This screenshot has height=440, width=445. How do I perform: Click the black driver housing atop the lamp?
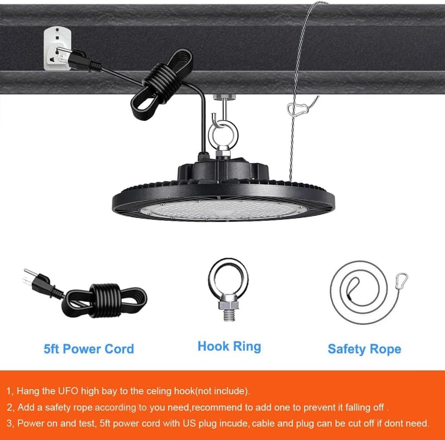point(223,171)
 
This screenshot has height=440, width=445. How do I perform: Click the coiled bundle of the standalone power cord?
point(105,300)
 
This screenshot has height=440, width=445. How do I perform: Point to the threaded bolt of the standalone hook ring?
point(229,315)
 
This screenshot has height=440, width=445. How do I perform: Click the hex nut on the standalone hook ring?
point(228,302)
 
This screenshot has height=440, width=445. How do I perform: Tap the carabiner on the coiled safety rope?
point(401,281)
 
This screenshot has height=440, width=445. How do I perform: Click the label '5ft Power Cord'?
point(89,349)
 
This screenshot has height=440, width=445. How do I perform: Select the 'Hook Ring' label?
point(229,346)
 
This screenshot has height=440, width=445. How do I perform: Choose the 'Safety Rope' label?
point(364,349)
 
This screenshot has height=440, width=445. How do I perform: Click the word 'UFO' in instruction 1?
point(68,391)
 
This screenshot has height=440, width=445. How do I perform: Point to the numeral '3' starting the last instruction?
point(9,424)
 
